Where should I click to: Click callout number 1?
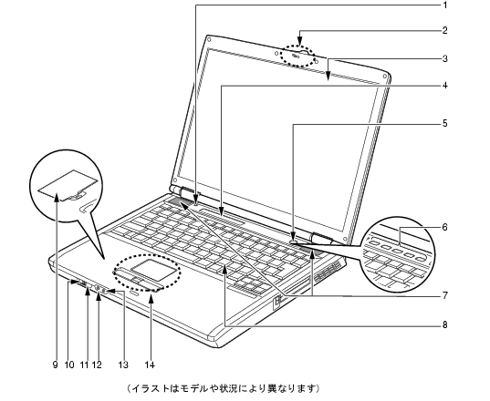[x=444, y=5]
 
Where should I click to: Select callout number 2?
[x=444, y=31]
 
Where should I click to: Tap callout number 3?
[x=444, y=58]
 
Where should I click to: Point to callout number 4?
[x=444, y=86]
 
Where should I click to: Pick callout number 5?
[x=444, y=124]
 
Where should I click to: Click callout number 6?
[x=444, y=227]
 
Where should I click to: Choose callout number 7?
[x=444, y=295]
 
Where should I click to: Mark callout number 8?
[x=444, y=324]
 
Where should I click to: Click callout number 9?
[x=56, y=365]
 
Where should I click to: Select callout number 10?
[x=69, y=365]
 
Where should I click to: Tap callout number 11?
[x=84, y=365]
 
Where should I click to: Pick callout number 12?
[x=97, y=365]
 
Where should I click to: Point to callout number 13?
[x=123, y=365]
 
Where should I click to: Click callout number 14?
[x=150, y=365]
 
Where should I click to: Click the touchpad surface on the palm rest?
[x=153, y=268]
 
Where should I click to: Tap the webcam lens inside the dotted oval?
[x=296, y=57]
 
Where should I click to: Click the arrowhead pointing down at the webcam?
[x=299, y=42]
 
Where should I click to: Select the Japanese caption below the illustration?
[x=224, y=388]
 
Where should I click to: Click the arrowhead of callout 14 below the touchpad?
[x=151, y=299]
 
